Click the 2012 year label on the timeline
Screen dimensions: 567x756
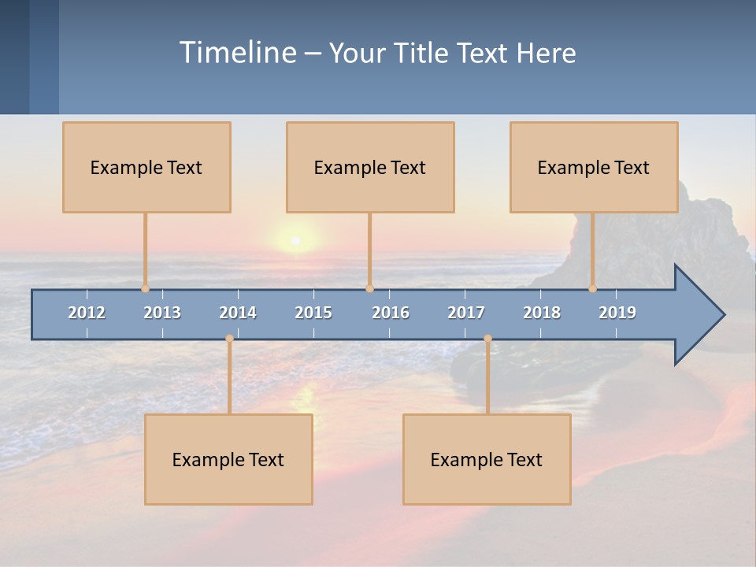click(87, 313)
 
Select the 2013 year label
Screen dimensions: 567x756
click(162, 313)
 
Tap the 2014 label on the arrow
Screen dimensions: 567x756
click(238, 313)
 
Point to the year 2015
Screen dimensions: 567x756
click(313, 313)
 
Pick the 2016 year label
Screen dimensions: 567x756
click(391, 313)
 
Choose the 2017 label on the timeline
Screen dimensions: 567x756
click(466, 313)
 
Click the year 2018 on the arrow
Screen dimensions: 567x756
click(542, 313)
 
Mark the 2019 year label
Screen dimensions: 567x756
click(617, 313)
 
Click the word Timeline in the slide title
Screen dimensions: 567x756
click(237, 53)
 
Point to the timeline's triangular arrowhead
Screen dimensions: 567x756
click(698, 315)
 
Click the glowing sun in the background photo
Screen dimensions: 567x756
click(295, 239)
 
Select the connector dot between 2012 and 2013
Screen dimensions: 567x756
click(145, 288)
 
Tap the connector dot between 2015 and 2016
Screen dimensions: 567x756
click(369, 288)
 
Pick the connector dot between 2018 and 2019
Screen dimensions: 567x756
click(592, 288)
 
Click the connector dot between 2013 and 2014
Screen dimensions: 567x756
click(229, 339)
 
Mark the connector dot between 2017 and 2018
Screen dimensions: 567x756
click(487, 339)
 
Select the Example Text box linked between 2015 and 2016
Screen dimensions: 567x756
click(370, 167)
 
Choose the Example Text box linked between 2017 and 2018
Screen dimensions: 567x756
click(487, 459)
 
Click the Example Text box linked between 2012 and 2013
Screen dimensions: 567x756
click(146, 167)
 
